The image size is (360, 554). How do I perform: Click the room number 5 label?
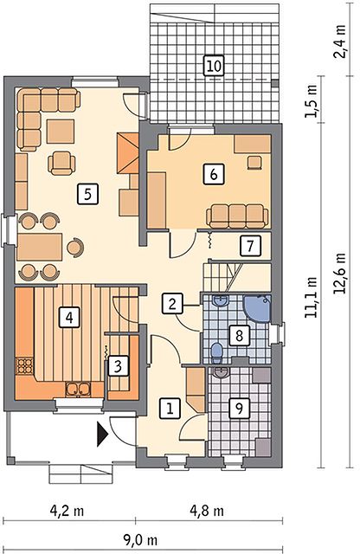coord(87,193)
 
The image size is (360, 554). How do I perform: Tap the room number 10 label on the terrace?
coord(214,66)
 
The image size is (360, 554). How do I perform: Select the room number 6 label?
coord(214,174)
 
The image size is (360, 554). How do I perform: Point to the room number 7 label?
coord(250,246)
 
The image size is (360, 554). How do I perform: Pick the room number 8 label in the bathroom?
coord(239,335)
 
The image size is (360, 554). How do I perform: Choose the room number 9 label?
coord(239,409)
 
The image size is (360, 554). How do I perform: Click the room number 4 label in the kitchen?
coord(69,317)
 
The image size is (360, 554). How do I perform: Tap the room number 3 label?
coord(118,365)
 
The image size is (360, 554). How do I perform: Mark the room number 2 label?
coord(172,304)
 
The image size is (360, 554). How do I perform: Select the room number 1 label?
coord(170,409)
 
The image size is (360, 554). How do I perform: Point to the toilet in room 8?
coord(215,352)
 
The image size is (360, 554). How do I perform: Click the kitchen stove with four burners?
coord(25,366)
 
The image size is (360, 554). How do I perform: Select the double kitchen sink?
coord(78,389)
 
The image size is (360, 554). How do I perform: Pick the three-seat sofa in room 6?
coord(237,216)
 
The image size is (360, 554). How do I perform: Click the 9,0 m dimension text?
coord(140,540)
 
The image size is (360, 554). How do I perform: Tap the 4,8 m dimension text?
coord(207,511)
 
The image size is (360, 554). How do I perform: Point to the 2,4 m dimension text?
coord(340,42)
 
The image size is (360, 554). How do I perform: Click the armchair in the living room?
coord(61,163)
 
